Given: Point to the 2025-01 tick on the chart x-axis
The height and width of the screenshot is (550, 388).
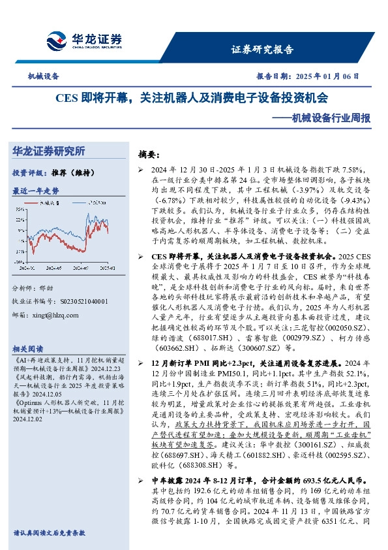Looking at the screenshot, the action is click(108, 267).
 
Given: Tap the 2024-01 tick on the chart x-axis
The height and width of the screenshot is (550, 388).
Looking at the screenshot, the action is click(27, 267).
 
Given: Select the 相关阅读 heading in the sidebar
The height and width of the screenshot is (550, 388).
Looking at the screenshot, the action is click(29, 348).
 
